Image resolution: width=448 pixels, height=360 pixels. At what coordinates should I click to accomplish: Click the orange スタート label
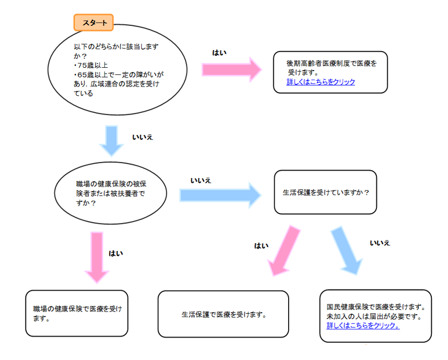[93, 23]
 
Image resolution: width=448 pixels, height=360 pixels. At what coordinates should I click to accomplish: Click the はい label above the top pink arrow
[219, 52]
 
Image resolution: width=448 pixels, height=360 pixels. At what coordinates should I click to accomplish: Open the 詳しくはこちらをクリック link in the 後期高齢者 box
[321, 82]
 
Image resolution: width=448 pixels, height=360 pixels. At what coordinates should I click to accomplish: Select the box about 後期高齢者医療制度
[330, 72]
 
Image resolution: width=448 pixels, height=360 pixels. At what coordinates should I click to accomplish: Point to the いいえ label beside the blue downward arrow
[143, 138]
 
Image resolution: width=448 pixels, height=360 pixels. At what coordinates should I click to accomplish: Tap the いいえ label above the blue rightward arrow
[200, 181]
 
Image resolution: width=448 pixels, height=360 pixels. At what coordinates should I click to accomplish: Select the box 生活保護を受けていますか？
[325, 192]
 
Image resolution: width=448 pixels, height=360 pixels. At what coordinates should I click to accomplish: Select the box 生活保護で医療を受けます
[223, 314]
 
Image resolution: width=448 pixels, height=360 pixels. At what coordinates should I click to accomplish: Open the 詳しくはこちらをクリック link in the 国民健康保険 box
[363, 326]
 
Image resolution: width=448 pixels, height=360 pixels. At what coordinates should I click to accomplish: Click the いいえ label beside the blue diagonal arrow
[380, 243]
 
